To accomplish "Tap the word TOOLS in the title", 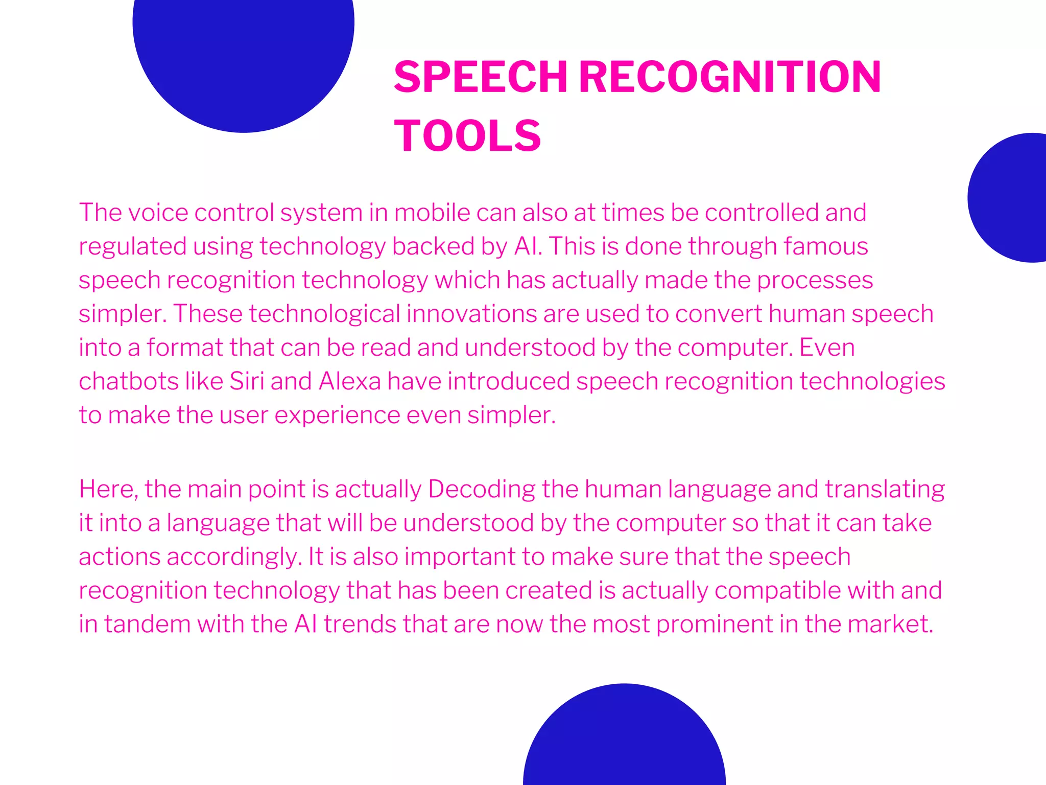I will (x=467, y=135).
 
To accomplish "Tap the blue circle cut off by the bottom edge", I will (x=624, y=741).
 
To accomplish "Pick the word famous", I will (x=826, y=246).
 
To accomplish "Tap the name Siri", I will (x=247, y=381).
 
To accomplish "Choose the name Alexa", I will (x=350, y=381).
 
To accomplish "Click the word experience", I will (x=337, y=414).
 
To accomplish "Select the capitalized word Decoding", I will (x=482, y=489).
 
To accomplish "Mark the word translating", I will (x=885, y=489).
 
